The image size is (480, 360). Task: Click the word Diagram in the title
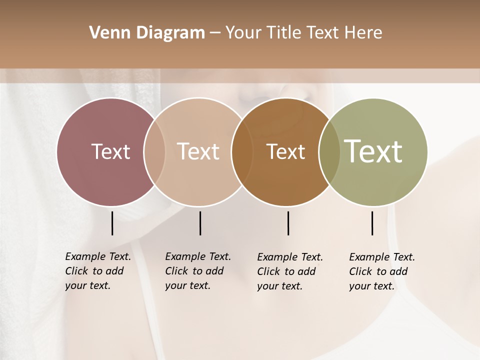click(170, 32)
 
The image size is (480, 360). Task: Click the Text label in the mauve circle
click(110, 151)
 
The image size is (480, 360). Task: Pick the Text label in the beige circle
click(198, 151)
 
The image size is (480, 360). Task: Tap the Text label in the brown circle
click(285, 151)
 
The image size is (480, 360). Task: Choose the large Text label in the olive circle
click(373, 151)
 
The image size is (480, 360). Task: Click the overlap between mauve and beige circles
click(154, 151)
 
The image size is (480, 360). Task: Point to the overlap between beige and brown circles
click(242, 151)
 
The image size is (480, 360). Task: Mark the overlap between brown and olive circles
click(329, 151)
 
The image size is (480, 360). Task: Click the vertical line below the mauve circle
click(112, 223)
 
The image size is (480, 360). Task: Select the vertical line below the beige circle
click(200, 223)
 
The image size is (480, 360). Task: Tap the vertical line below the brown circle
click(288, 223)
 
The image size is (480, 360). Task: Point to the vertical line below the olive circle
click(372, 223)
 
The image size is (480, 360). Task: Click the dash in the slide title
click(215, 33)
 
